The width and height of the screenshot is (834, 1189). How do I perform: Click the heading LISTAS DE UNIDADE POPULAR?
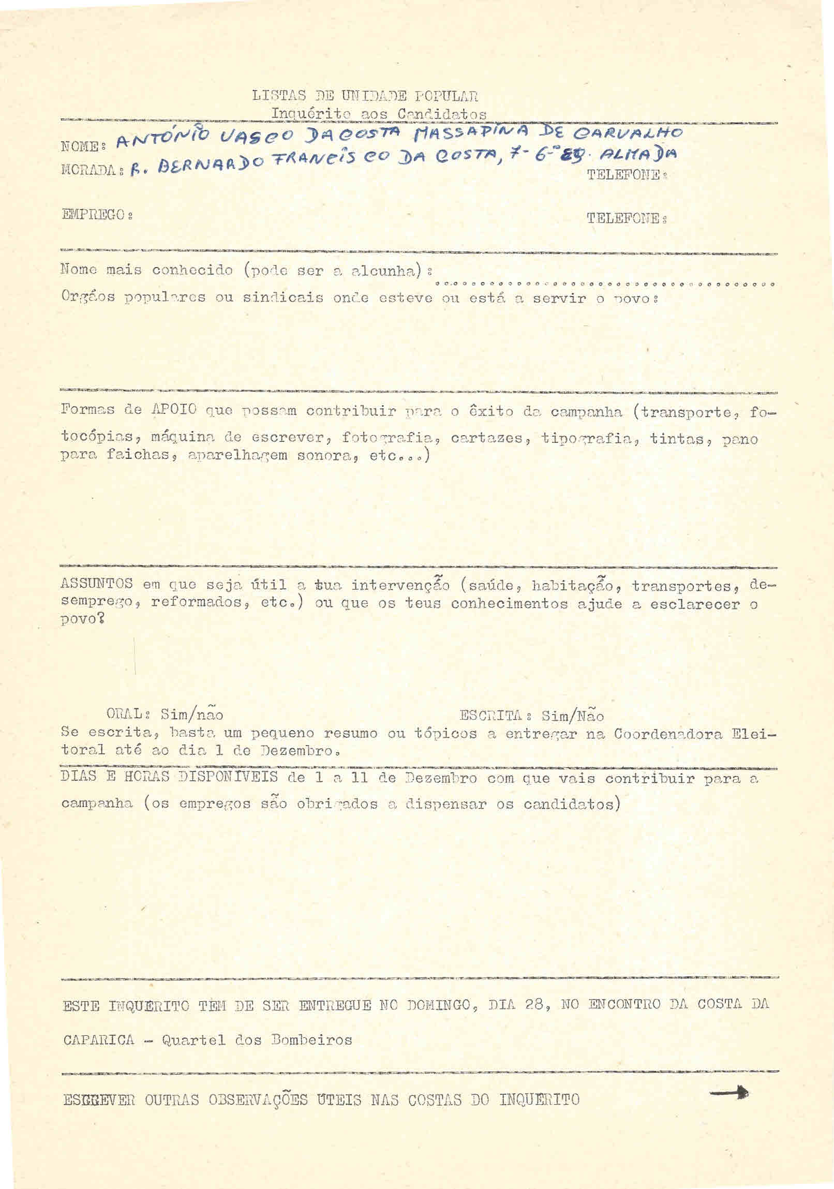click(x=365, y=96)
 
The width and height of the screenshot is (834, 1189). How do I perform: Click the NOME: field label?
click(x=80, y=146)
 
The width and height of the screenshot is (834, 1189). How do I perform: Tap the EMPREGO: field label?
click(x=96, y=214)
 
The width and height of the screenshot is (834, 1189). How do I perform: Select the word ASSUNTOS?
click(x=97, y=584)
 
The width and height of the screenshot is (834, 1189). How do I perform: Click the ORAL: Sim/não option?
click(x=165, y=715)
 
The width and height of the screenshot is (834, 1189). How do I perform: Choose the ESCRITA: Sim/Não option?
click(x=531, y=716)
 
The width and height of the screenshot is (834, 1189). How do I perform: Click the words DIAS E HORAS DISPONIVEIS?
click(x=169, y=777)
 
